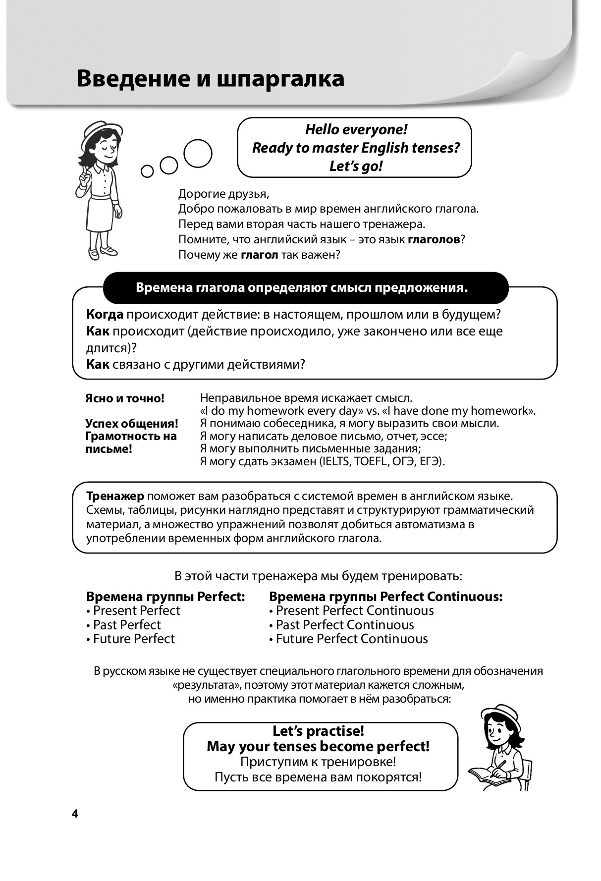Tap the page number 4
[x=75, y=814]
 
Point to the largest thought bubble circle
[x=198, y=153]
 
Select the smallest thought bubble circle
[x=147, y=171]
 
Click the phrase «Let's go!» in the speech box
[x=356, y=166]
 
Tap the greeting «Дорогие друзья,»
[x=223, y=194]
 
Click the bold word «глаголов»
[x=434, y=240]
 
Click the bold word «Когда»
[x=105, y=314]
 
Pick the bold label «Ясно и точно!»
[x=124, y=398]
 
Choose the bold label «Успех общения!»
[x=131, y=424]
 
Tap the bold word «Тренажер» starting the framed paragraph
[x=115, y=496]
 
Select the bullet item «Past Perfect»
[x=127, y=625]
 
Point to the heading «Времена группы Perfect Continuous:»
[x=385, y=597]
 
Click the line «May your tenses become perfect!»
[x=318, y=746]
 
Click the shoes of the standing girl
[x=102, y=252]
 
